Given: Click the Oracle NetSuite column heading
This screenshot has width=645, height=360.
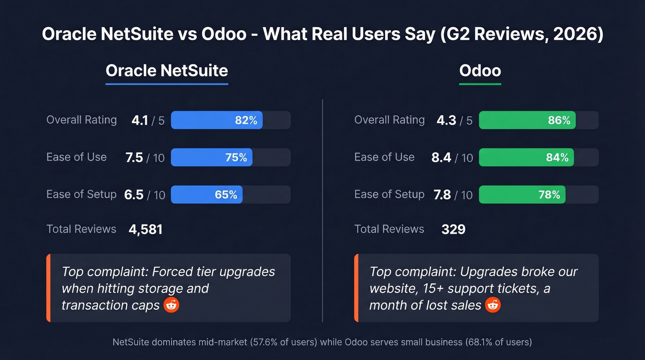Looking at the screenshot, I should [x=167, y=71].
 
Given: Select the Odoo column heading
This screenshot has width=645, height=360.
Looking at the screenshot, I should [x=480, y=71].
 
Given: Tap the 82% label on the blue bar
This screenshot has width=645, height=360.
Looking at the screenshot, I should [x=246, y=120].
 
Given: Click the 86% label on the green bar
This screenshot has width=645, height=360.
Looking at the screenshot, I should [x=559, y=120].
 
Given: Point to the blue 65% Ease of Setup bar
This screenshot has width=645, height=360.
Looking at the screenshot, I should [x=207, y=195].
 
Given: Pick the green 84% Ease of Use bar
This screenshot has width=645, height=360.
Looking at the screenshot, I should [x=527, y=158].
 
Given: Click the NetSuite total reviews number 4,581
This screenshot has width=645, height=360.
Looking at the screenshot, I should [x=146, y=229].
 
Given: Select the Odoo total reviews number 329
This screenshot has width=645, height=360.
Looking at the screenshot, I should [x=453, y=229].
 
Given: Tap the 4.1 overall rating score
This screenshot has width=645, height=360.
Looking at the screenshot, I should [x=140, y=120].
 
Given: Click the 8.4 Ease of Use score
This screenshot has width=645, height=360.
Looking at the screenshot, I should [x=441, y=158].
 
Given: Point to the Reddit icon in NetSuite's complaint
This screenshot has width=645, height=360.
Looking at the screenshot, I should [x=171, y=305].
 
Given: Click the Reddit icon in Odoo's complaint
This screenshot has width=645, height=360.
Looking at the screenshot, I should [x=493, y=305].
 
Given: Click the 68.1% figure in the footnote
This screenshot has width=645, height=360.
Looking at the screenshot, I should [x=474, y=342].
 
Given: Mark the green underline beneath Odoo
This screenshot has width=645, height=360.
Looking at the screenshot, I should [x=480, y=84].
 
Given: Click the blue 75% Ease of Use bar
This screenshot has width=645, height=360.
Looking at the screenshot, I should [x=211, y=158].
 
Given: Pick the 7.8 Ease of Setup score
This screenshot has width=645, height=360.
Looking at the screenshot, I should [x=442, y=195].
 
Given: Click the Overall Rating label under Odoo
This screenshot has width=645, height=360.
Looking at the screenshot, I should [x=389, y=120].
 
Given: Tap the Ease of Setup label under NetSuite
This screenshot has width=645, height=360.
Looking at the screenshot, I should [x=81, y=194].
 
